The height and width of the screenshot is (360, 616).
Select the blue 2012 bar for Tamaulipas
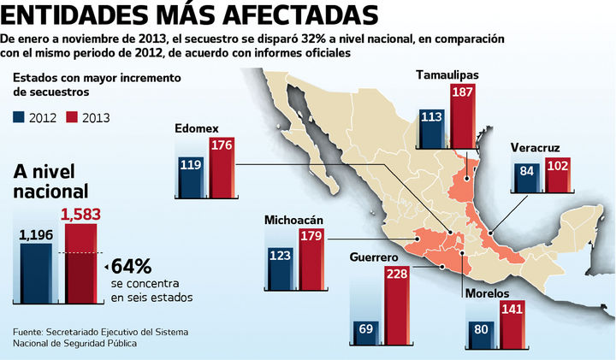[431, 129]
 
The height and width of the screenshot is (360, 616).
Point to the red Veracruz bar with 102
[557, 177]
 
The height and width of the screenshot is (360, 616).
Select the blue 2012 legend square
[20, 117]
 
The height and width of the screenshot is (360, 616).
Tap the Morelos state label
[490, 293]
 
